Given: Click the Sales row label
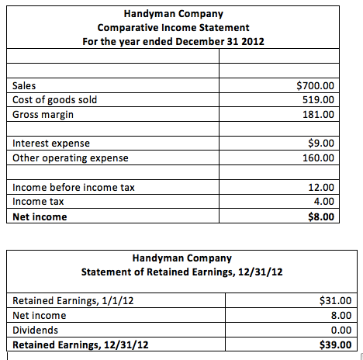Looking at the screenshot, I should [26, 85].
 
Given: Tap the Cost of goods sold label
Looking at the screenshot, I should [55, 99].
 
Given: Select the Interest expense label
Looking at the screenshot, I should [51, 144].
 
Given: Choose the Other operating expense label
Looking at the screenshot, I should [71, 157].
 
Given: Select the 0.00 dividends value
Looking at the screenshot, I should [341, 330].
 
